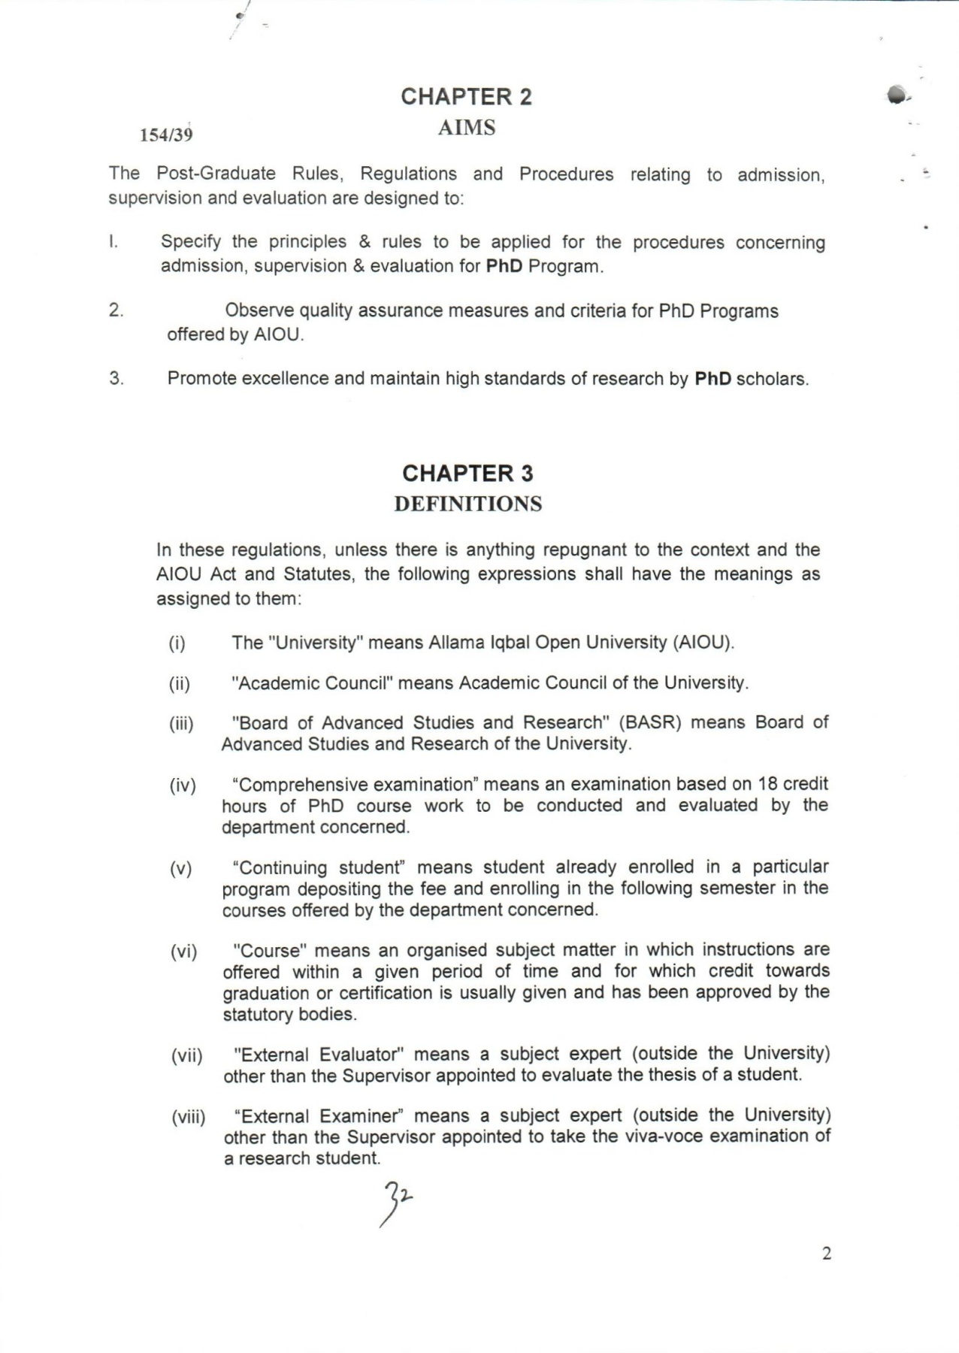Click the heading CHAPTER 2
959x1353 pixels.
click(x=466, y=97)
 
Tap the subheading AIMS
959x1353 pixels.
click(x=467, y=128)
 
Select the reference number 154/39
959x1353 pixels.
click(x=166, y=135)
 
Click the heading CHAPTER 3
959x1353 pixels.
click(x=467, y=474)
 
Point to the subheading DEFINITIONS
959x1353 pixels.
click(x=467, y=504)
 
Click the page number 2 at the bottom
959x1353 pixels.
click(x=827, y=1253)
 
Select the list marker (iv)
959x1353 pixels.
click(x=183, y=786)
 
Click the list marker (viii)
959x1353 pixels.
click(x=188, y=1117)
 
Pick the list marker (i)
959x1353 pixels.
click(x=177, y=643)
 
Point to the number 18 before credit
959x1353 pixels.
click(x=767, y=784)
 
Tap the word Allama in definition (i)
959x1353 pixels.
click(x=456, y=643)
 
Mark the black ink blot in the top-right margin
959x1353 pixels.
click(x=896, y=95)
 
